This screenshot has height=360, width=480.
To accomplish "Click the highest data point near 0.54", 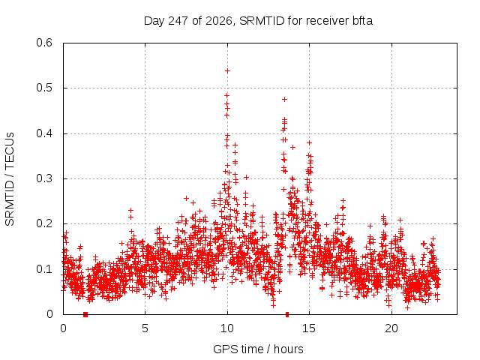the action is [227, 71].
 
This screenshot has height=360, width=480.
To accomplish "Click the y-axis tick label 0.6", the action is [44, 43].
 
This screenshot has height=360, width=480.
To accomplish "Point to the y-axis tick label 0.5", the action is [44, 88].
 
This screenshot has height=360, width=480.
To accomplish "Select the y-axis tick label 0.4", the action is [44, 133].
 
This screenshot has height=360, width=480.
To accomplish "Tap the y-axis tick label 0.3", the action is [44, 178].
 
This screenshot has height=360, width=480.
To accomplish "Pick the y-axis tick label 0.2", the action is [44, 223].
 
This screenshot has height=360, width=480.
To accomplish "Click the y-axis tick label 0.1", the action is [44, 269].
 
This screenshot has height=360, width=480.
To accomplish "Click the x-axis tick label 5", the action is [145, 328].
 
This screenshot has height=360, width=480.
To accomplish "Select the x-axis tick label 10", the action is [227, 328].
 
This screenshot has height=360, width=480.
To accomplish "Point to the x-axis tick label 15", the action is [309, 328].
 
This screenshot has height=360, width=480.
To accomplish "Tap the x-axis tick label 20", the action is [391, 328].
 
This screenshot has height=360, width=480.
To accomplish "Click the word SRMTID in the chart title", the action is [262, 21].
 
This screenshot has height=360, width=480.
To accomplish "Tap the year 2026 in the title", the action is [218, 21].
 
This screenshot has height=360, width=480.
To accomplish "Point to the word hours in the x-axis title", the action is [288, 349].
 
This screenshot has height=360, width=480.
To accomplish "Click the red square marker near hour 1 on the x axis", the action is [85, 314].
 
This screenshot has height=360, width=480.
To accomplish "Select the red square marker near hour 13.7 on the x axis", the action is [287, 314].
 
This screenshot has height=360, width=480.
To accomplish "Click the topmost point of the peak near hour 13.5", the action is [285, 99].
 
